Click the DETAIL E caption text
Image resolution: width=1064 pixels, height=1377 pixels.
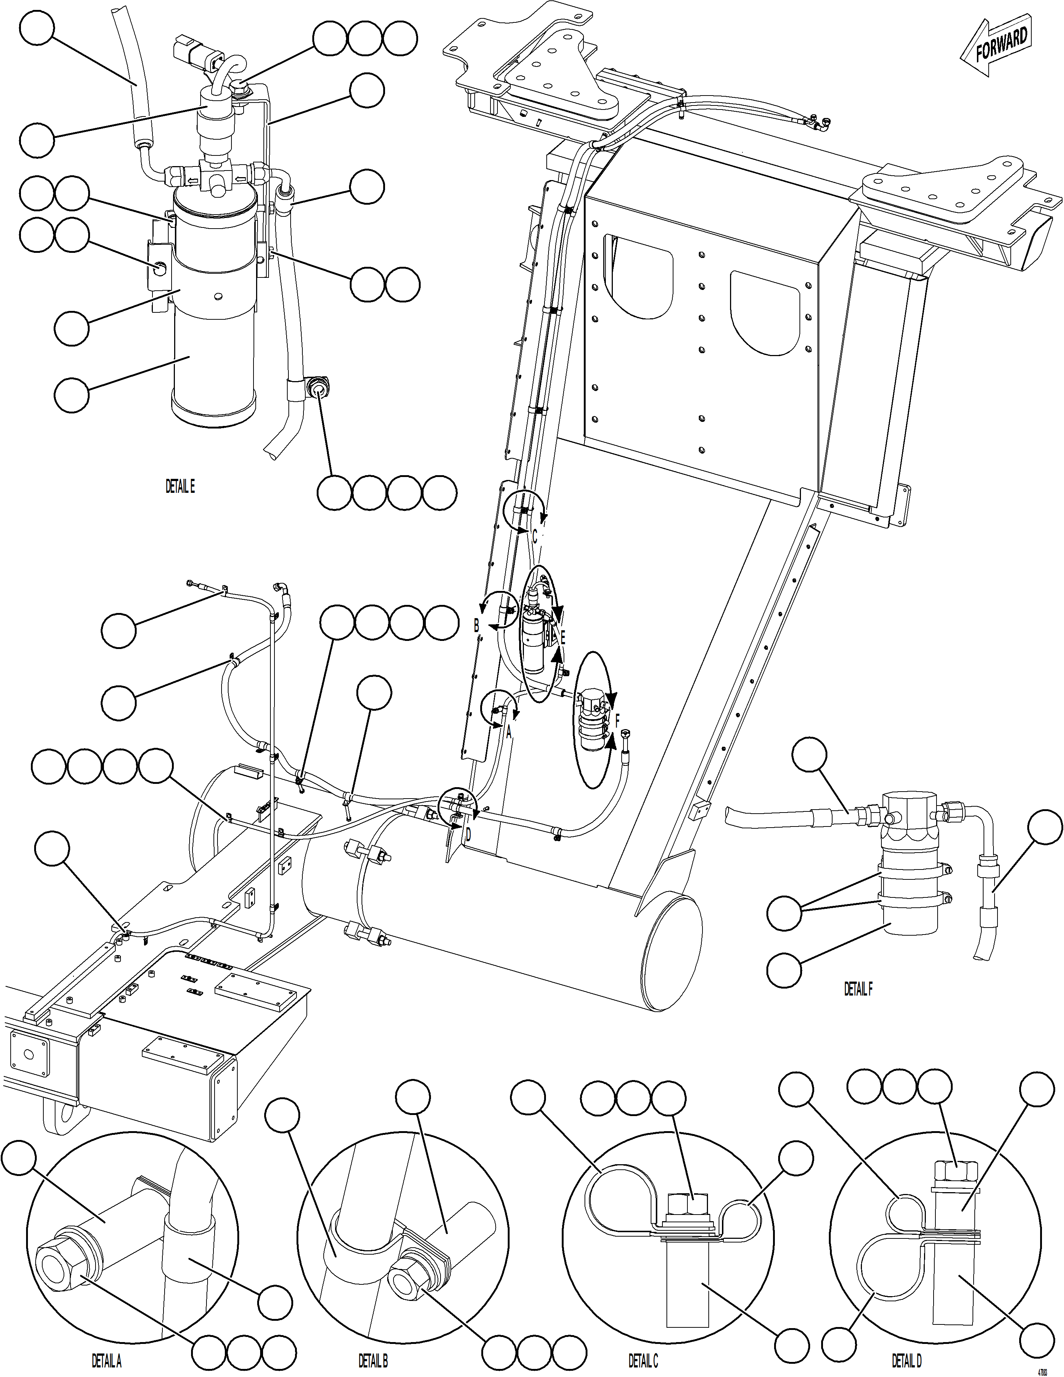pyautogui.click(x=180, y=486)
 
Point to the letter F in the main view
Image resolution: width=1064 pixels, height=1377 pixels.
pyautogui.click(x=618, y=720)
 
